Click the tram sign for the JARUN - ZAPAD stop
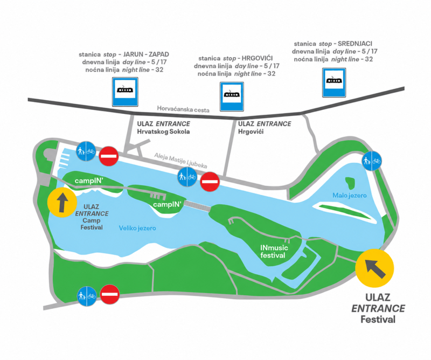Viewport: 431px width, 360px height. click(125, 92)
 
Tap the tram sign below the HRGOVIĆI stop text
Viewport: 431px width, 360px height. click(232, 96)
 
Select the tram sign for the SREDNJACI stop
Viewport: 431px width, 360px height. click(334, 83)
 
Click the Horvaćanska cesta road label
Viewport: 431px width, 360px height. click(183, 109)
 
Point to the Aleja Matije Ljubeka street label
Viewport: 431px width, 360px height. click(180, 161)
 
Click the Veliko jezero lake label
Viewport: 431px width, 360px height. click(137, 228)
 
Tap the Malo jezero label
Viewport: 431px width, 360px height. click(350, 196)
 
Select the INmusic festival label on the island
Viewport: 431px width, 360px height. click(274, 251)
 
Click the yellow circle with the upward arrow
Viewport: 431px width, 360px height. click(62, 203)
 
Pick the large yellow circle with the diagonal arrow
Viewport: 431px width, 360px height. click(374, 268)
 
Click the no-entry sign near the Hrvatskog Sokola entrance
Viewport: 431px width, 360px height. click(109, 156)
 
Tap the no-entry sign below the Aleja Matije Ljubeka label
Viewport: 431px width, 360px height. click(210, 182)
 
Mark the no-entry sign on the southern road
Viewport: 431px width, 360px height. click(109, 294)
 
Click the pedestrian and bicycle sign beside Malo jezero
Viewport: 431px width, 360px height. click(372, 161)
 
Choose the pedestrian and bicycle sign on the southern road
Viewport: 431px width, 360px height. click(87, 296)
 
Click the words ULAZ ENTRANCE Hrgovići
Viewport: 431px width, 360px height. click(265, 128)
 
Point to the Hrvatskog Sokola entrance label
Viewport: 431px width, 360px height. click(164, 128)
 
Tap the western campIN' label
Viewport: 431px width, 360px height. click(89, 181)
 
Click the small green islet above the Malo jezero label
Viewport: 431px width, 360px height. click(350, 182)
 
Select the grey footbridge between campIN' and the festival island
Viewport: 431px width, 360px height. click(197, 206)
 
